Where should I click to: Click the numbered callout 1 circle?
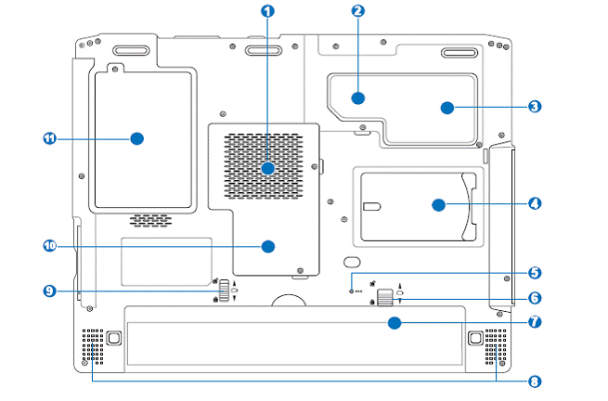pos(267,11)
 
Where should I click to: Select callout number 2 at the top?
pos(358,10)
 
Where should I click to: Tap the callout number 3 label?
pos(535,106)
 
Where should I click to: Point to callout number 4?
pos(535,203)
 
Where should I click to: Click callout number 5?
pos(535,272)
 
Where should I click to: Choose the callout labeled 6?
pos(535,298)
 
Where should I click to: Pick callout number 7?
pos(535,321)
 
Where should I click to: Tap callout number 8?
pos(535,382)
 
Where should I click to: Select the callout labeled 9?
pos(49,291)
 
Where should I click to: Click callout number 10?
pos(49,245)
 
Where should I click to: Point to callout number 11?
pos(49,138)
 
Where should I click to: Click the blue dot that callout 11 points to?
pos(136,138)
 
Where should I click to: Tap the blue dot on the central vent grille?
pos(268,169)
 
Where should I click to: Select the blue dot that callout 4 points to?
pos(438,205)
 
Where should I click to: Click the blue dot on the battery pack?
pos(395,323)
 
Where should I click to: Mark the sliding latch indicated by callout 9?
pos(225,291)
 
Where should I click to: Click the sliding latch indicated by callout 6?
pos(384,297)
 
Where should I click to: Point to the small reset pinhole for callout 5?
pos(351,291)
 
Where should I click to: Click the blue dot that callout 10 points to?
pos(268,246)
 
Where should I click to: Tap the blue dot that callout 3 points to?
pos(447,108)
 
